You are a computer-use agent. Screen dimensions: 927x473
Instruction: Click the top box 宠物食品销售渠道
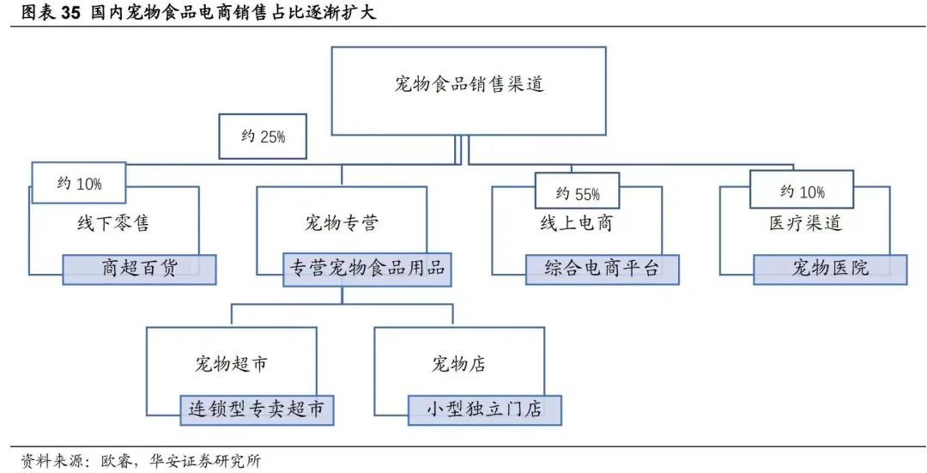469,91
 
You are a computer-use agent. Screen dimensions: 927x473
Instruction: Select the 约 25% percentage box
263,136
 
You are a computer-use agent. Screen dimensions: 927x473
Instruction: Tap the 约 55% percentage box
577,191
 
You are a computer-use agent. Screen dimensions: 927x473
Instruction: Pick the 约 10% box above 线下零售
79,184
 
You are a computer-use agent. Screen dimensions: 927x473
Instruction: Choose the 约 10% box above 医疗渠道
802,190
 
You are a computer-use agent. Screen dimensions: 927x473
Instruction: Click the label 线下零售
113,223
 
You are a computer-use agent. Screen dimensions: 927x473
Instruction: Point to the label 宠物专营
341,223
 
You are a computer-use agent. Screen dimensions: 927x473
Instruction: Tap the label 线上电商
577,223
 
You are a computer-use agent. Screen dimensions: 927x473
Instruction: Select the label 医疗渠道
804,223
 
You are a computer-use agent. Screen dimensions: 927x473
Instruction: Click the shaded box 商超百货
140,270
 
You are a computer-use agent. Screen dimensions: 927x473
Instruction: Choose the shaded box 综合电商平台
603,270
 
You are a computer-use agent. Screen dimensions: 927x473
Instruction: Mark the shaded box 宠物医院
830,270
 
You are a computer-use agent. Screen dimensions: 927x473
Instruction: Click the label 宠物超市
231,364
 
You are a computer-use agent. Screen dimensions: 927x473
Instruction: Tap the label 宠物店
458,364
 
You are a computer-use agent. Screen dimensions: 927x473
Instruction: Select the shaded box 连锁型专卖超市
257,409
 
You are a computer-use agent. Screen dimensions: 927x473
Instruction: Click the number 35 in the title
69,13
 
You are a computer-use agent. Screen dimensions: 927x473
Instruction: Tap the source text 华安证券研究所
204,461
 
